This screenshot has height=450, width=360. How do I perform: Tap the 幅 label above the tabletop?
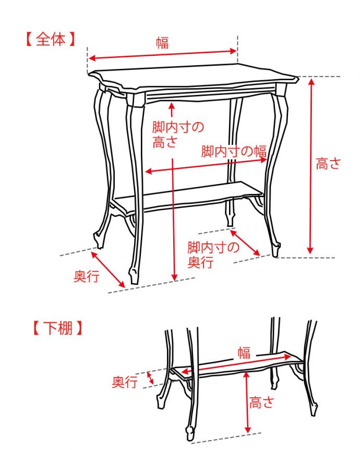tap(162, 42)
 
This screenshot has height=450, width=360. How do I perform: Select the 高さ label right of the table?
tap(328, 164)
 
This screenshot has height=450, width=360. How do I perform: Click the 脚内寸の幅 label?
tap(234, 152)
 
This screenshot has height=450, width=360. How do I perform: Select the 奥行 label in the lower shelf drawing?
tap(125, 383)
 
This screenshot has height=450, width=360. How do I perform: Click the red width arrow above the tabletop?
tap(162, 55)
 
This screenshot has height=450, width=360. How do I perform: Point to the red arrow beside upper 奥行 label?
tap(108, 269)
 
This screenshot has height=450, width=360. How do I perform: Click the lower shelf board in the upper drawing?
tap(188, 196)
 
